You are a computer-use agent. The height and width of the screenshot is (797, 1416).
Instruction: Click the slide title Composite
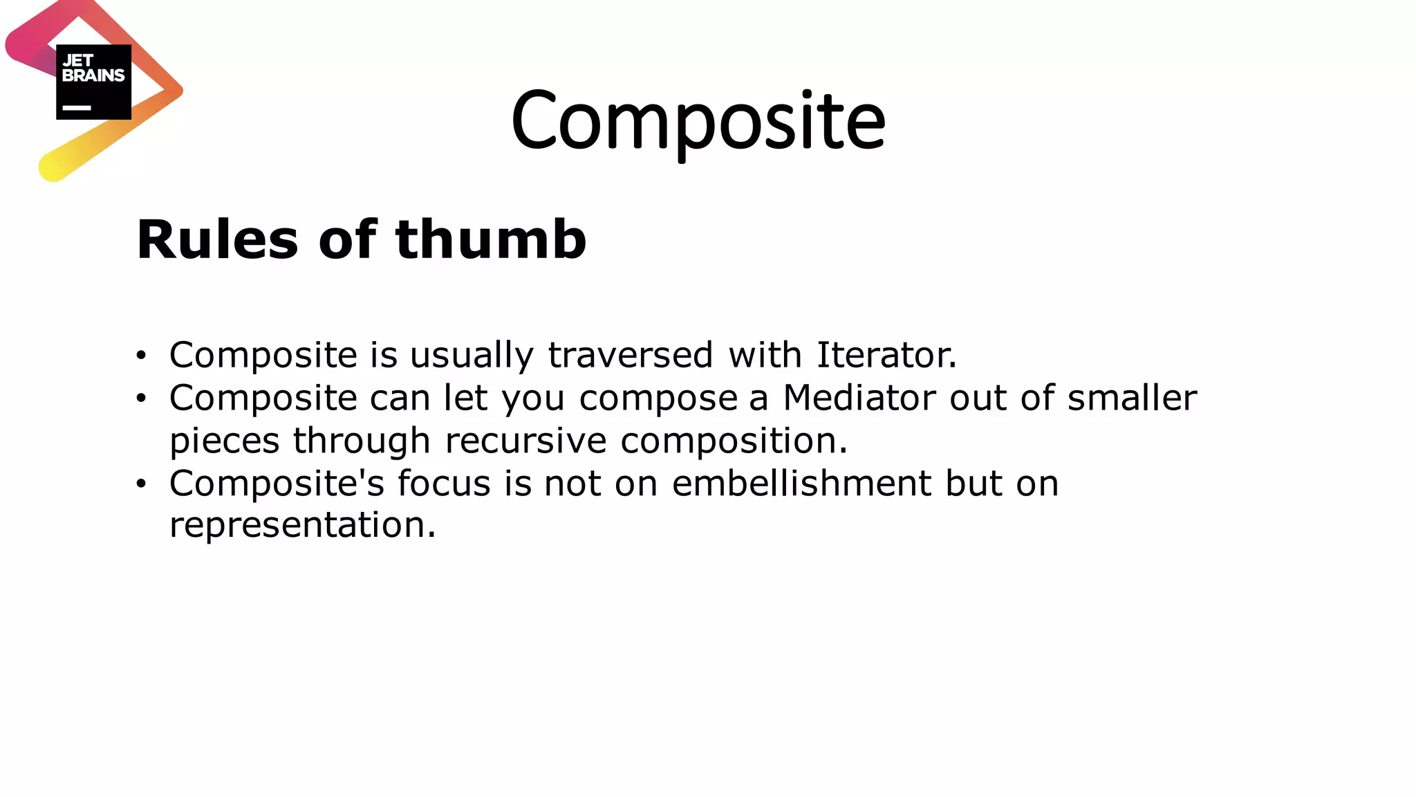click(x=698, y=121)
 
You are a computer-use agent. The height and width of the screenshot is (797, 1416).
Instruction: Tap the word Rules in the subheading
click(x=217, y=239)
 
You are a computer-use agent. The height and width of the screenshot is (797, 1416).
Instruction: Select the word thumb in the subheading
click(x=490, y=239)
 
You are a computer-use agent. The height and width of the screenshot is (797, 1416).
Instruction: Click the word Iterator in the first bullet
click(x=886, y=355)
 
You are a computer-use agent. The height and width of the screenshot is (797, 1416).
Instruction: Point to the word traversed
click(x=630, y=355)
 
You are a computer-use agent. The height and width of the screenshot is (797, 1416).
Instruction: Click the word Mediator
click(x=859, y=398)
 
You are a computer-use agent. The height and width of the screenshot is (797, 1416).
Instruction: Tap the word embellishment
click(x=801, y=483)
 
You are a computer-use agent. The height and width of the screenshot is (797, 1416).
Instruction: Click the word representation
click(x=302, y=525)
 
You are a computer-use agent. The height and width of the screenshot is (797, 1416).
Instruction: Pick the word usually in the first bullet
click(x=472, y=356)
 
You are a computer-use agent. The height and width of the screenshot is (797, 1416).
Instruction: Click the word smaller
click(x=1132, y=398)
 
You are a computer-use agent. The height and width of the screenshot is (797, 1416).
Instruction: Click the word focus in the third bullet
click(x=443, y=483)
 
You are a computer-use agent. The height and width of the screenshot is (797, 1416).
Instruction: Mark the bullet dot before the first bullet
click(x=142, y=356)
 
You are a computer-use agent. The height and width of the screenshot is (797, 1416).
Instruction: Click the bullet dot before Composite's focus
click(x=142, y=484)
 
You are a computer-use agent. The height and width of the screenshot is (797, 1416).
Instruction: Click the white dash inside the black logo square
click(x=77, y=108)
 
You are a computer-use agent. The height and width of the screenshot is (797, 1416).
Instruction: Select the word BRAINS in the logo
click(x=93, y=75)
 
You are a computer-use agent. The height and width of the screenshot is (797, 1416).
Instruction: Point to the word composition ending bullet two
click(x=733, y=441)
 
